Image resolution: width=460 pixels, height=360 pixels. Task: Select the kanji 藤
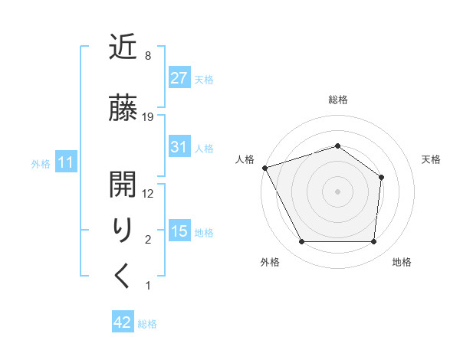coord(123,109)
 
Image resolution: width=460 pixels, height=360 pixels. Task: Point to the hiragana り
coord(123,231)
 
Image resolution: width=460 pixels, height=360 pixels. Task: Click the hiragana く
coord(123,275)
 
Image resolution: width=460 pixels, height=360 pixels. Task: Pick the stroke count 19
coord(148,117)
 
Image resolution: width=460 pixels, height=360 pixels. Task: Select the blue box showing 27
coord(179,78)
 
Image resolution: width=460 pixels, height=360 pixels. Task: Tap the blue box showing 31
coord(179,147)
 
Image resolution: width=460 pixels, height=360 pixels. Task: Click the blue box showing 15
coord(179,231)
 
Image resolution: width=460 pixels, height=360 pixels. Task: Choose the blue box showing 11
coord(66,162)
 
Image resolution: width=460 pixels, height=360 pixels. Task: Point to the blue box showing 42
coord(123,322)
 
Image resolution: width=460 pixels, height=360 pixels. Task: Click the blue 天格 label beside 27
coord(204,79)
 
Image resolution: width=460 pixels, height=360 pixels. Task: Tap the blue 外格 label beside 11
coord(41,163)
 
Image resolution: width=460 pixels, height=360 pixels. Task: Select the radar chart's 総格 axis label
coord(337,100)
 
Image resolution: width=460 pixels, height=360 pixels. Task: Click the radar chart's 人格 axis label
coord(246,159)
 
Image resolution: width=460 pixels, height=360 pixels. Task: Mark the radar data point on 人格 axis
coord(264,168)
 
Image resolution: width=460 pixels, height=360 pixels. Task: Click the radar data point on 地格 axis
coord(374,242)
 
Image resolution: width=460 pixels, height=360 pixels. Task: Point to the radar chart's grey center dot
coord(337,191)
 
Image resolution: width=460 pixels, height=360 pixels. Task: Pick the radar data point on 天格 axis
coord(381,177)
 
